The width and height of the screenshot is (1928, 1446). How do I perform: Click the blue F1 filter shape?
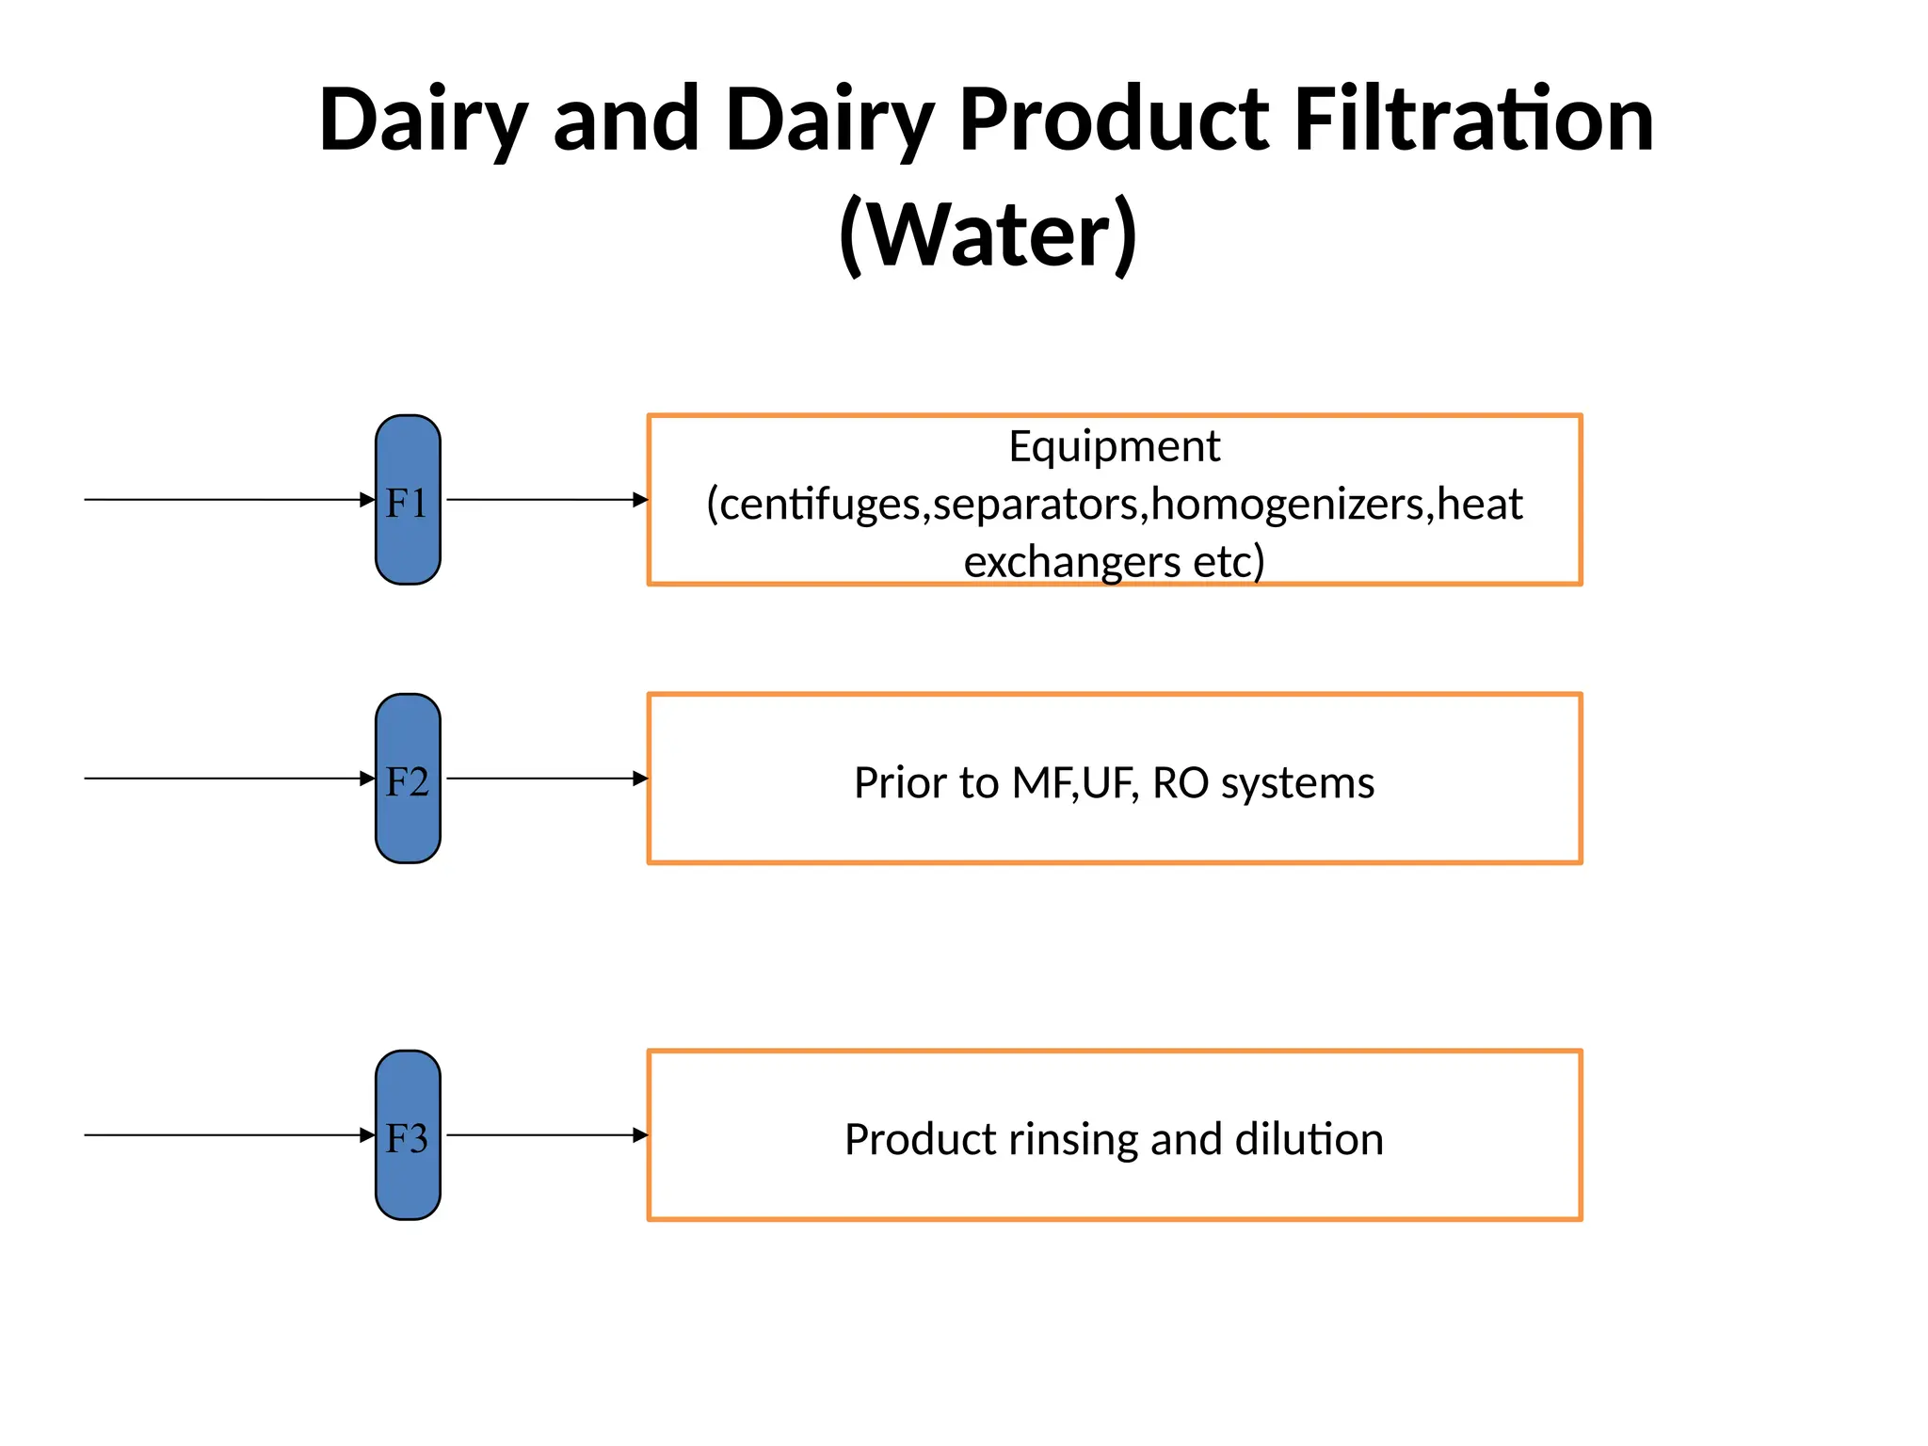pos(408,500)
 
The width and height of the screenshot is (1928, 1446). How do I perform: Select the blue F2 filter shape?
pos(408,779)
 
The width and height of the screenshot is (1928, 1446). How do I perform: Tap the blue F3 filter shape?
pos(408,1135)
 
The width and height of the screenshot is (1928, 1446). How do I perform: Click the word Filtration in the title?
pos(1473,120)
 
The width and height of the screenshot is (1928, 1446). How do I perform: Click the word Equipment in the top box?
pos(1114,446)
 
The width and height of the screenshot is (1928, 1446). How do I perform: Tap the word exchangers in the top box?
pos(1071,562)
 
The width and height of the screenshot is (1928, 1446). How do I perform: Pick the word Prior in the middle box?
pos(899,783)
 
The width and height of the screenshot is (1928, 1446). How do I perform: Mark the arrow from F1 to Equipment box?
pos(546,500)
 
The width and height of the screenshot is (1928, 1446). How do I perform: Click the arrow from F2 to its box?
pos(546,779)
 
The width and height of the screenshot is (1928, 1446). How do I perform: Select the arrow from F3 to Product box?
pos(546,1135)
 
